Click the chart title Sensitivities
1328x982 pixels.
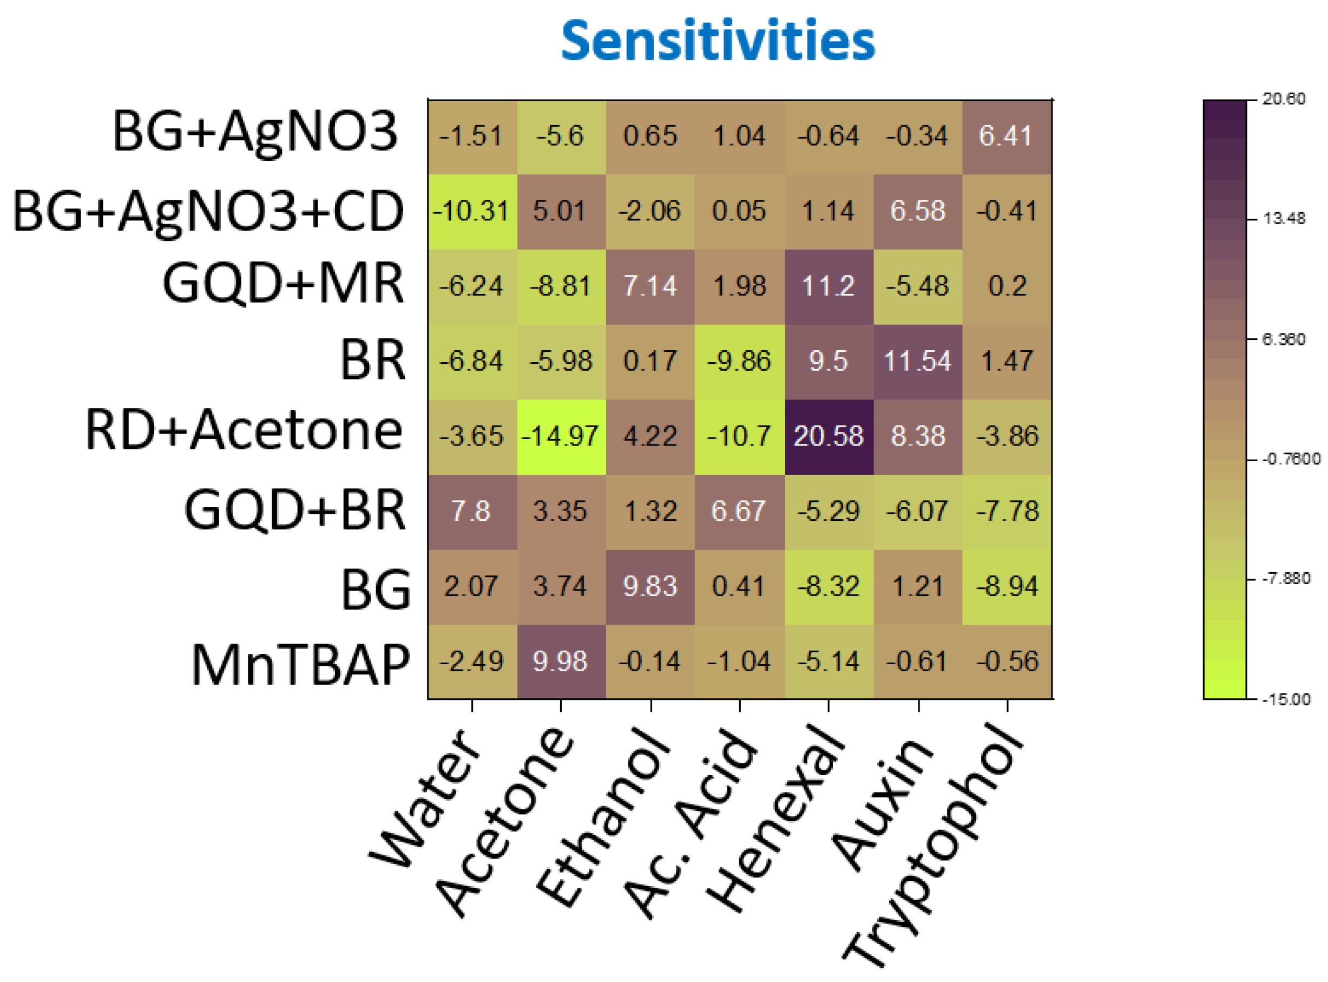pyautogui.click(x=718, y=41)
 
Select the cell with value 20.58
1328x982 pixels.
pyautogui.click(x=829, y=436)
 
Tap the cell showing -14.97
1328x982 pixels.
pyautogui.click(x=561, y=436)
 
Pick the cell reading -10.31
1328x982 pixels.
pyautogui.click(x=472, y=211)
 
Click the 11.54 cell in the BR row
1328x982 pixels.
pyautogui.click(x=918, y=362)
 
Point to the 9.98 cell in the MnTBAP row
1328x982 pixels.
pyautogui.click(x=561, y=661)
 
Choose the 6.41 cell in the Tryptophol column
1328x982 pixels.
pyautogui.click(x=1007, y=136)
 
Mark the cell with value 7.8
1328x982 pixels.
pyautogui.click(x=472, y=511)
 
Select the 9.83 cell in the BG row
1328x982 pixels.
pyautogui.click(x=650, y=586)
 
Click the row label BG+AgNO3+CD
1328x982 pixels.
pyautogui.click(x=208, y=212)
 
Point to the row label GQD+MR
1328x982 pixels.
pyautogui.click(x=283, y=284)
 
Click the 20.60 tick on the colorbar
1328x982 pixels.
pyautogui.click(x=1284, y=99)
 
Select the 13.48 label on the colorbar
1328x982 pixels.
pyautogui.click(x=1284, y=219)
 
